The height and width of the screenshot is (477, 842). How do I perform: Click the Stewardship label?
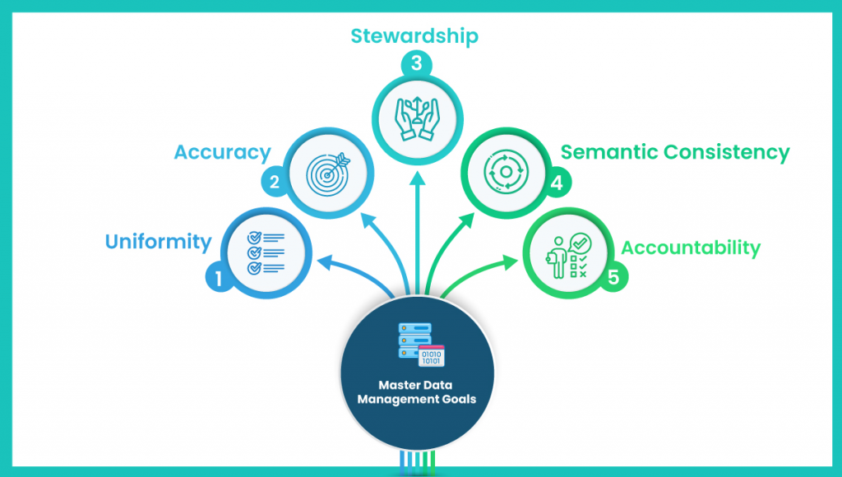(x=414, y=36)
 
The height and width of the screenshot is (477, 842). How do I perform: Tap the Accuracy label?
(x=222, y=152)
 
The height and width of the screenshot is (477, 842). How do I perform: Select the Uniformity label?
(x=159, y=242)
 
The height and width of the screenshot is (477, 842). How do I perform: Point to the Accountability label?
(x=691, y=248)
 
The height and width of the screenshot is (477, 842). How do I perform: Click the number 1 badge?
(x=219, y=278)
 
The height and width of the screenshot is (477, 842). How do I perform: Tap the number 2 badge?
(x=275, y=182)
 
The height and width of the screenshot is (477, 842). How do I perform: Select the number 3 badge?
(x=417, y=63)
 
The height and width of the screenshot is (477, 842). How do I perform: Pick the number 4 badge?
(x=557, y=183)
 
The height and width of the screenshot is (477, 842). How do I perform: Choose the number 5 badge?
(x=613, y=278)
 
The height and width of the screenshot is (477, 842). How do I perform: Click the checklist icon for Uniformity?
(x=266, y=252)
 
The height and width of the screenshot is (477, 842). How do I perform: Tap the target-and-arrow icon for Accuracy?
(x=328, y=174)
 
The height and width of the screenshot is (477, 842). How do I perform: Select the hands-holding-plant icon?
(x=417, y=118)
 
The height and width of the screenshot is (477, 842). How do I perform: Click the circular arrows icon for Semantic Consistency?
(x=506, y=172)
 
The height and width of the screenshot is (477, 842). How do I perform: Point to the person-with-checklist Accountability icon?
(x=569, y=256)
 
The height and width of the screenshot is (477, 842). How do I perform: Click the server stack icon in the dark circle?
(x=421, y=345)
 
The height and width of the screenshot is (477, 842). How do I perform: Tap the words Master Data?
(x=415, y=385)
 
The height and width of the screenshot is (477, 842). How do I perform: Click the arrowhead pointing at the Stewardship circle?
(x=417, y=178)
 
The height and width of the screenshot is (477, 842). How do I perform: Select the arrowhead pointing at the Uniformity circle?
(x=326, y=262)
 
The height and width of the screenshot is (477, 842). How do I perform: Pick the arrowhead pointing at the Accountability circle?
(x=511, y=262)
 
